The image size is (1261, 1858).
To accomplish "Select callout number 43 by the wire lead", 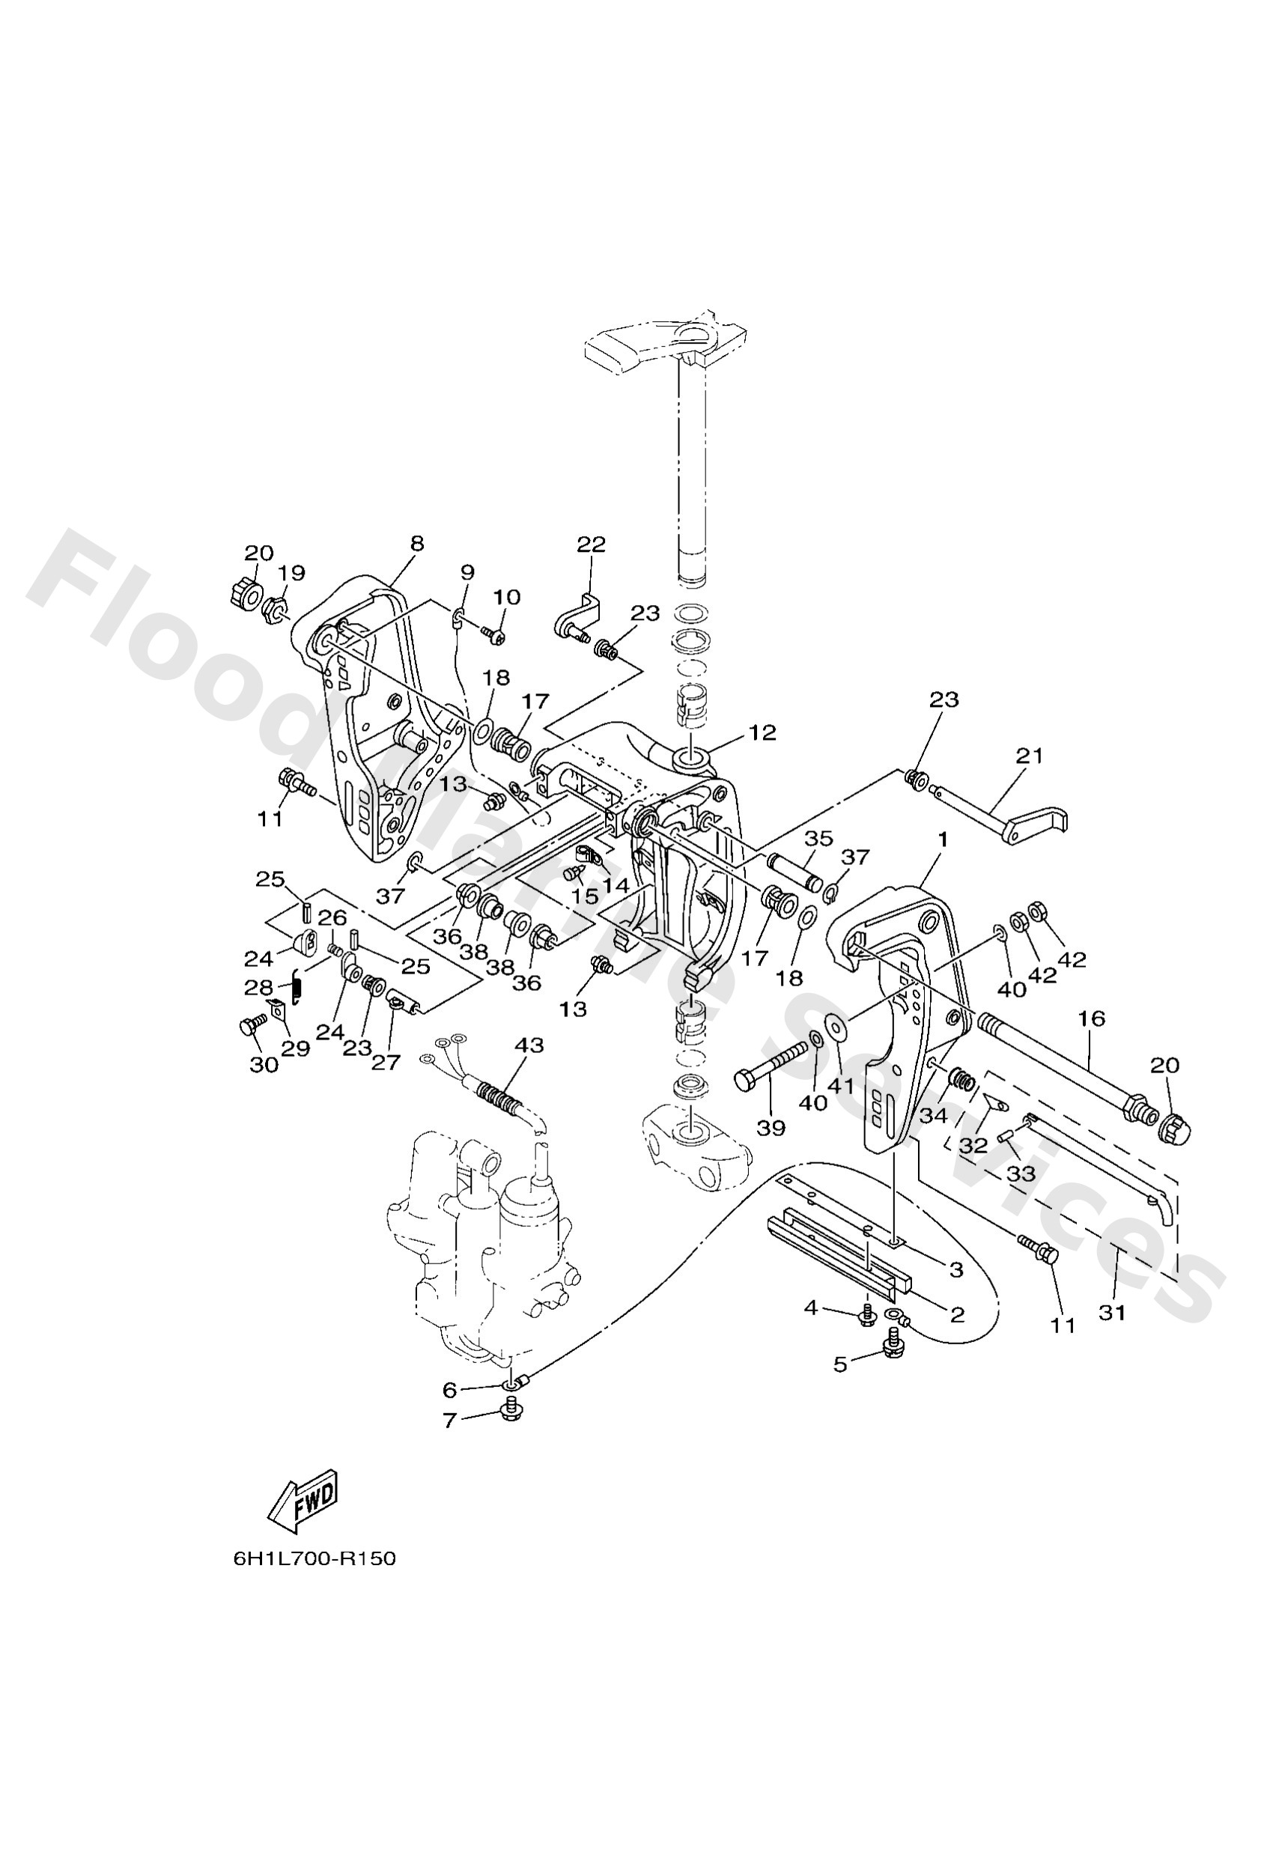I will [x=529, y=1045].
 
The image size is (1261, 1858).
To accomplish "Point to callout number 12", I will [x=763, y=732].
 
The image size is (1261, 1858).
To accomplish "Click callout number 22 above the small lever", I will [x=591, y=544].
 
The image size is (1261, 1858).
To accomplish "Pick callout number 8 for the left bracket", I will [x=416, y=543].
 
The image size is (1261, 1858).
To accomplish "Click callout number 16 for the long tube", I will [x=1092, y=1018].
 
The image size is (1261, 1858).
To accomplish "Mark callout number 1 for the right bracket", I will [x=943, y=839].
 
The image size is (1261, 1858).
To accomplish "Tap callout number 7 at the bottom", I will [x=449, y=1420].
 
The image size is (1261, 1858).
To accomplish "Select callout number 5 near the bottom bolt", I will [x=839, y=1364].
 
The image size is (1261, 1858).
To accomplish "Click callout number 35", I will [x=818, y=838].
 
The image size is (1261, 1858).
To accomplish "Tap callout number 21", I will [x=1030, y=755].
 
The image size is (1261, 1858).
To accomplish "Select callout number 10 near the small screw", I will [x=506, y=597].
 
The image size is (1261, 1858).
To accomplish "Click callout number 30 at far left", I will [x=264, y=1064].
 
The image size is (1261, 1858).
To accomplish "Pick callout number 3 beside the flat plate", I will [x=956, y=1269].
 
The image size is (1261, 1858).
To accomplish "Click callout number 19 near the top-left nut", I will [x=292, y=572].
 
